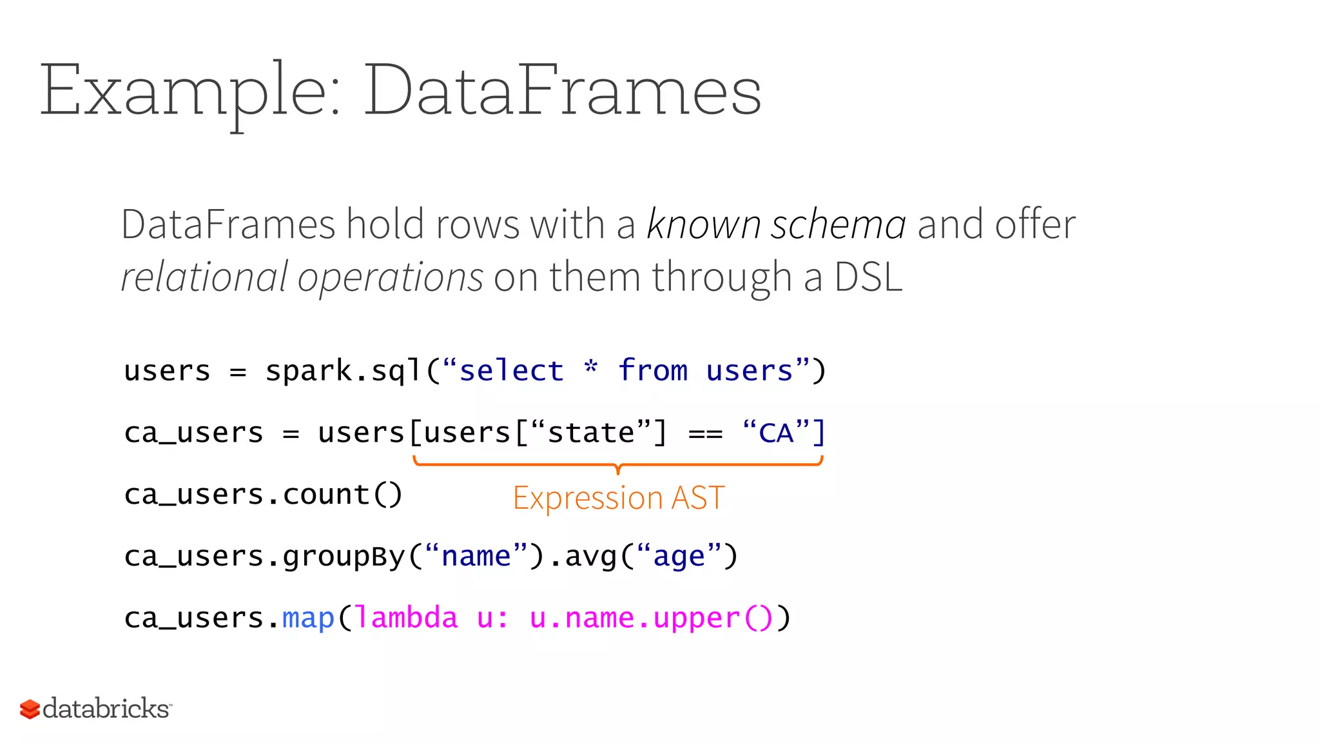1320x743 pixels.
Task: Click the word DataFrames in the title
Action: pos(563,90)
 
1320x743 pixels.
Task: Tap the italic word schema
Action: pos(839,225)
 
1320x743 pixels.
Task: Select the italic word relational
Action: pos(204,277)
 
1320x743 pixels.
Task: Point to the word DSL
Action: pos(868,277)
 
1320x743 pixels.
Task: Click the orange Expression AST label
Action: pos(619,498)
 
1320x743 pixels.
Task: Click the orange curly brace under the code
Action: pos(617,464)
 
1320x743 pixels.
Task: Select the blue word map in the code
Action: pos(308,618)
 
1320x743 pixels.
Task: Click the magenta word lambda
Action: pos(406,618)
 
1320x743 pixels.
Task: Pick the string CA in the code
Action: pos(776,433)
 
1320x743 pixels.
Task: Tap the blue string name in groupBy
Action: pos(476,557)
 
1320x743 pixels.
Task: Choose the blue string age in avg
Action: pos(679,557)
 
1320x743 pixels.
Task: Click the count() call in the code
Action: pos(342,495)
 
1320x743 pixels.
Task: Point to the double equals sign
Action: pos(705,434)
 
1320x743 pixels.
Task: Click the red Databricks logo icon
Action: pos(30,709)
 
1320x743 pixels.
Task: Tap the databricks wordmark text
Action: pos(106,709)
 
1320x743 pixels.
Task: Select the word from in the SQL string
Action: pos(653,371)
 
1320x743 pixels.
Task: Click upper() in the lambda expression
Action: pos(712,618)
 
